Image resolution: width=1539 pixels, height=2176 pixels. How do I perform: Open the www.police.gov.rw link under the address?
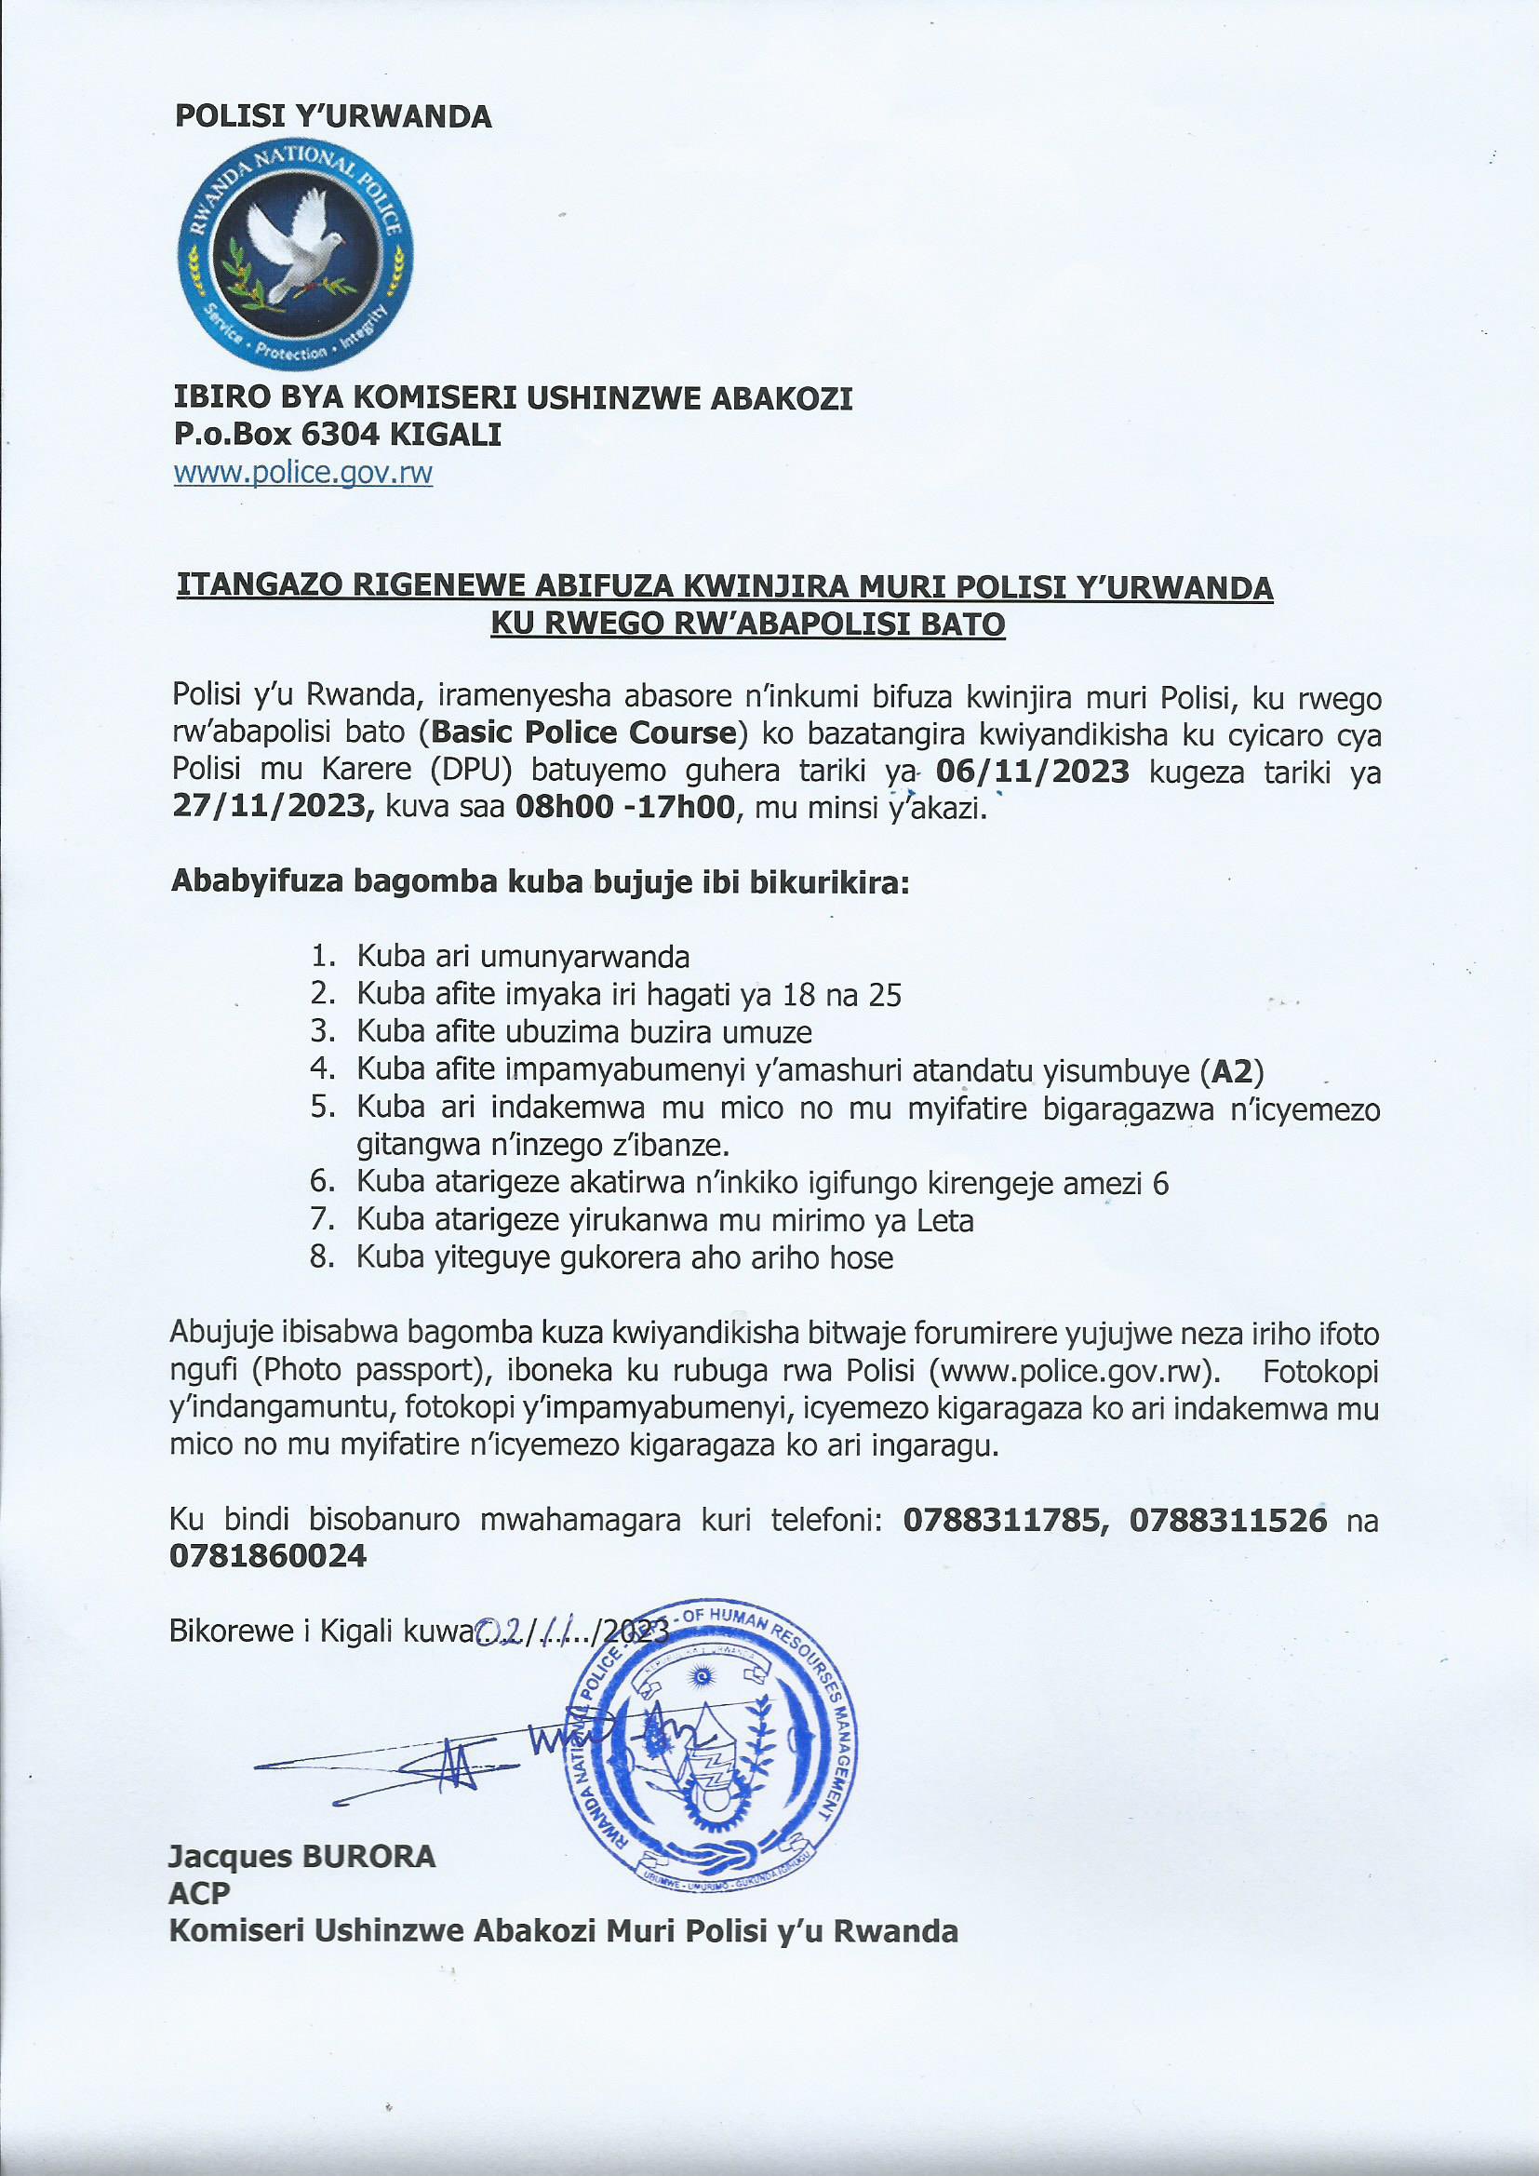point(303,474)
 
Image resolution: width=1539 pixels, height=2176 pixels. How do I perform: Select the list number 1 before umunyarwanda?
point(322,955)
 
